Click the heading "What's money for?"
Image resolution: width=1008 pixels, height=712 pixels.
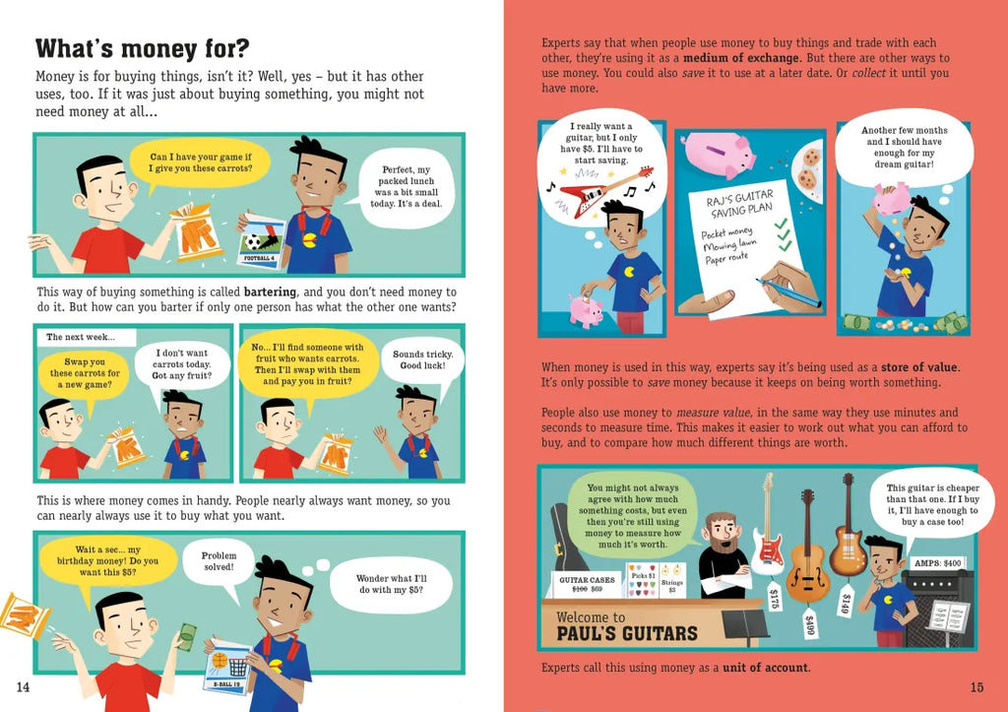[142, 49]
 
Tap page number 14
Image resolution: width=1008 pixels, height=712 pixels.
[24, 687]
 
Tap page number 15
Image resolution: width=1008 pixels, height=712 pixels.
[976, 687]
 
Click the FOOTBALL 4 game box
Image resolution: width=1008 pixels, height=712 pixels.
[262, 241]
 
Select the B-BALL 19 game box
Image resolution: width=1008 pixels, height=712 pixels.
[227, 667]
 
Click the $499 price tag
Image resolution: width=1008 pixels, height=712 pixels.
[809, 622]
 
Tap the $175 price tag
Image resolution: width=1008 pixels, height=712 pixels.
[775, 596]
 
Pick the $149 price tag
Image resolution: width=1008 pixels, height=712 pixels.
[846, 602]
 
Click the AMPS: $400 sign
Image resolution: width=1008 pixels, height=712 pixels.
[937, 563]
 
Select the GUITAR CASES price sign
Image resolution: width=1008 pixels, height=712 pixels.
[587, 584]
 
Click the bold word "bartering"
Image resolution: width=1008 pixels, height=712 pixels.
[270, 292]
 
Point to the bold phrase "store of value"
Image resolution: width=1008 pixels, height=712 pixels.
[919, 367]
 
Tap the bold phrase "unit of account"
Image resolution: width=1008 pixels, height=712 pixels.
[765, 668]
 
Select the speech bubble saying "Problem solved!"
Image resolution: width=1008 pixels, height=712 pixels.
[219, 561]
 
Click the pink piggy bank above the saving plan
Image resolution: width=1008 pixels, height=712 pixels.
[719, 154]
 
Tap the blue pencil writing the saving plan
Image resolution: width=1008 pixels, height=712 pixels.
[788, 292]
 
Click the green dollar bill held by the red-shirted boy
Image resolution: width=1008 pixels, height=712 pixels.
[187, 636]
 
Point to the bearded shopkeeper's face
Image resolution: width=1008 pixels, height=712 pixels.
[724, 533]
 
